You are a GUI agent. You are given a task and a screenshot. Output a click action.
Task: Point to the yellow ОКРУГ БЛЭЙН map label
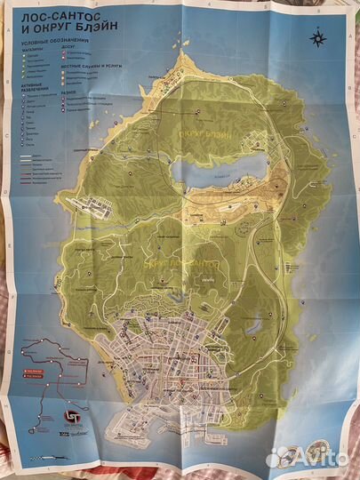(x=204, y=135)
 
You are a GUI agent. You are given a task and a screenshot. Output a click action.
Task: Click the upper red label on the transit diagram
(x=36, y=364)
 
